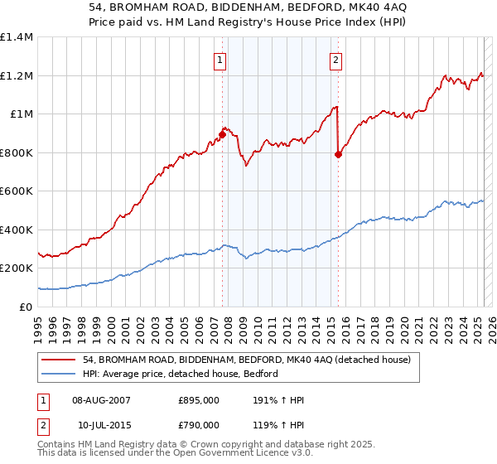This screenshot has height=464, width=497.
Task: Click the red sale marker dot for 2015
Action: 338,154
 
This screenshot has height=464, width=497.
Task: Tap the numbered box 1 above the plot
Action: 220,59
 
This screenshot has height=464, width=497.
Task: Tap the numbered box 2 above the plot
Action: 336,59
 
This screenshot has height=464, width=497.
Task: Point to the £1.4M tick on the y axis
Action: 17,37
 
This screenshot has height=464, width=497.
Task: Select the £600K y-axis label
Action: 17,191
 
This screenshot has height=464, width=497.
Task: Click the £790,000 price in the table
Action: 199,424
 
